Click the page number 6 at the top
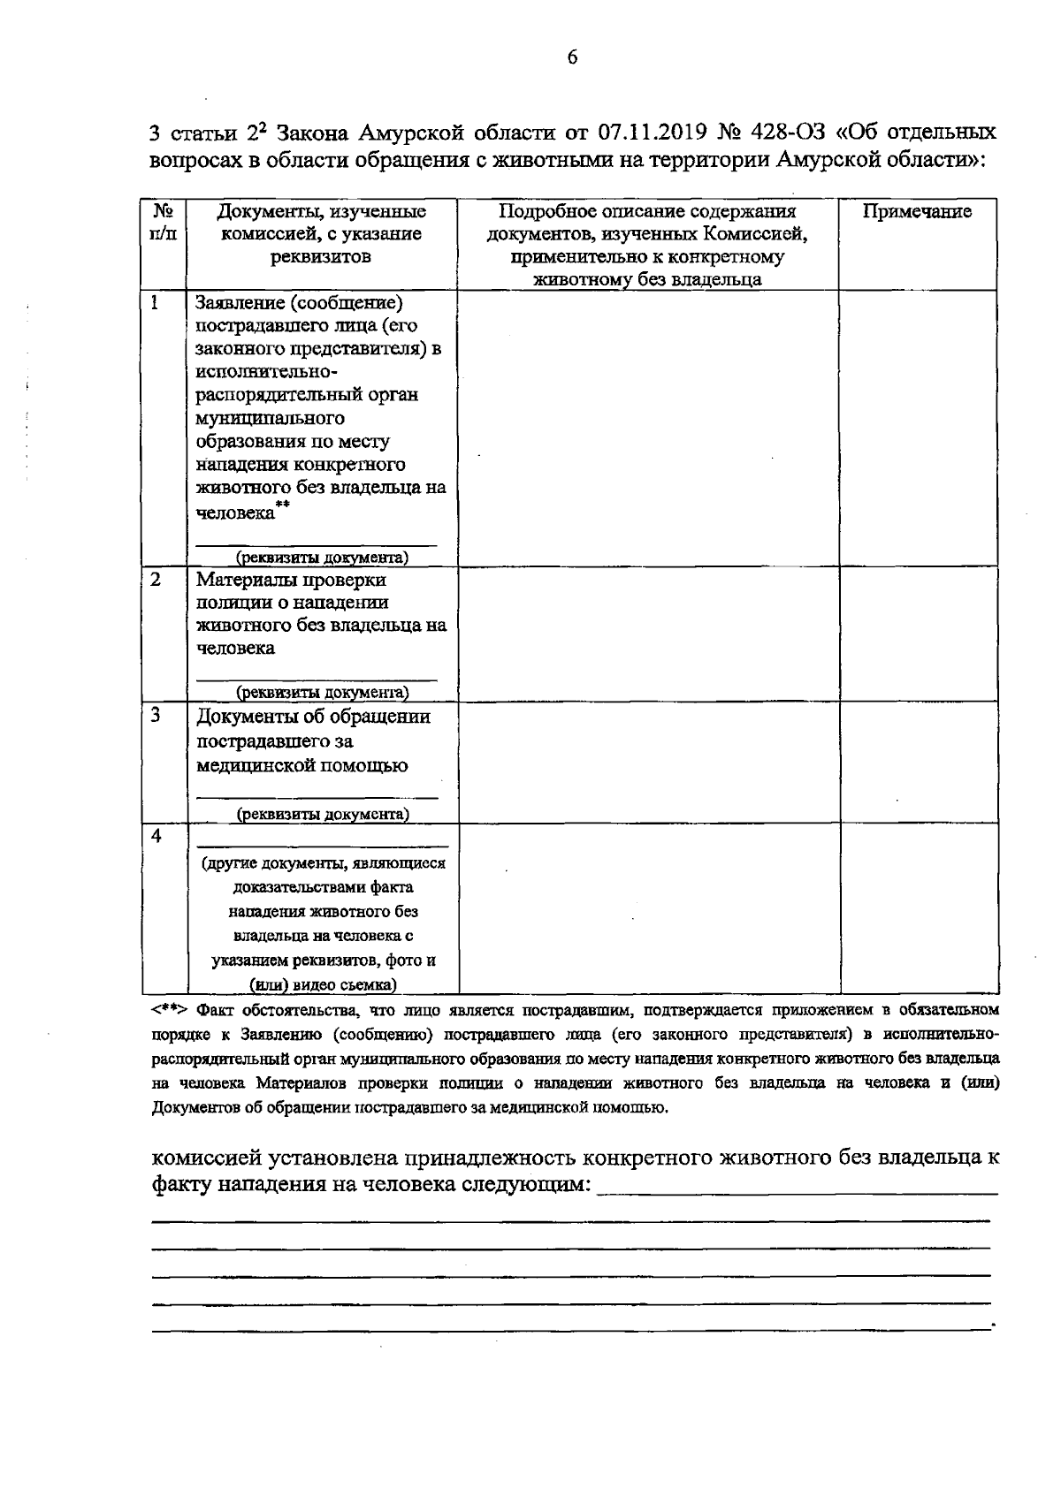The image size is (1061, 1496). click(x=571, y=57)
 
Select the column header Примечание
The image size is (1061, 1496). click(x=917, y=212)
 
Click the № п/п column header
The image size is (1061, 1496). click(x=163, y=223)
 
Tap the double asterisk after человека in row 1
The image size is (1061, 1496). click(x=283, y=505)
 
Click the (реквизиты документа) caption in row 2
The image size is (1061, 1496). click(x=322, y=692)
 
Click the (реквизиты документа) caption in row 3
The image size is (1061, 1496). click(x=322, y=814)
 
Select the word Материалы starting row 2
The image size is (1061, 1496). click(x=240, y=581)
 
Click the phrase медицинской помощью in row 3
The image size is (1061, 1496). click(x=302, y=765)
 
